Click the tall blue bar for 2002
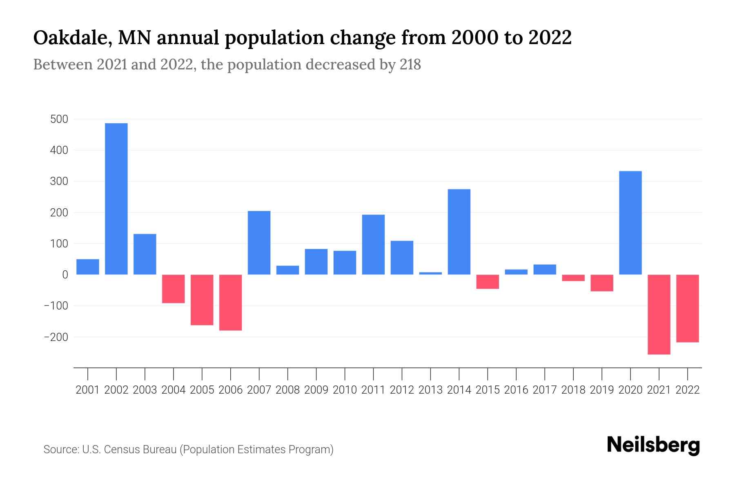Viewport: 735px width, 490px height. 116,199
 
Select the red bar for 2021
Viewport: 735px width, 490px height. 659,314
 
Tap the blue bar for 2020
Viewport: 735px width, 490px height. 630,223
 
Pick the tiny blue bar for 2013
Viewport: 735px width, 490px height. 430,273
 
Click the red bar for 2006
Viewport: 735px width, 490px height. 231,303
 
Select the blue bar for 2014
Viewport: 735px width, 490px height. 459,232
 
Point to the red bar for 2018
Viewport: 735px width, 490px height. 573,278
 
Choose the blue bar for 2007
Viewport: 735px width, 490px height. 259,243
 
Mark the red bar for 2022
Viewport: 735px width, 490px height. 688,308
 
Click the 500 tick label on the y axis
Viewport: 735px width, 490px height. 59,119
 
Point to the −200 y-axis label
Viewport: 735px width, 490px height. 56,337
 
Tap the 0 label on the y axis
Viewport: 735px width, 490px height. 65,275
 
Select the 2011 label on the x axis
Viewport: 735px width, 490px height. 373,390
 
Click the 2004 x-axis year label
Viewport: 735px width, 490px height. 174,390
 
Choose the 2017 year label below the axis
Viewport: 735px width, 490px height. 545,390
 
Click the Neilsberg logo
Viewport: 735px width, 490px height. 653,445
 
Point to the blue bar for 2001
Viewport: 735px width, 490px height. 88,267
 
